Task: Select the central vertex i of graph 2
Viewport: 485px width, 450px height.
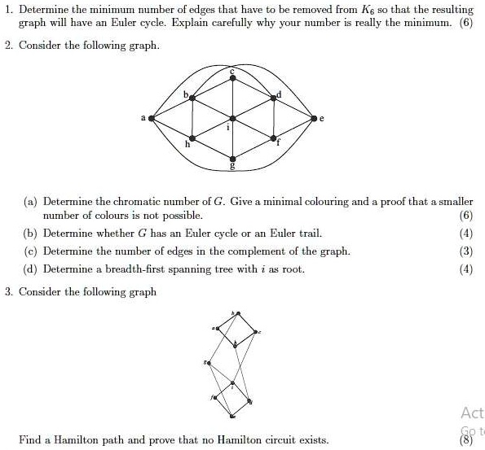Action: pyautogui.click(x=234, y=118)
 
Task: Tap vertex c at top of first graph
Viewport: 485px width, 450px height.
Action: pyautogui.click(x=234, y=78)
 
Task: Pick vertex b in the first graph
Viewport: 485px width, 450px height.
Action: pyautogui.click(x=192, y=98)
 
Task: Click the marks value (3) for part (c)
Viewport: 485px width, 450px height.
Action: pyautogui.click(x=465, y=251)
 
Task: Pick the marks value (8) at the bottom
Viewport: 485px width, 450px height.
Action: pyautogui.click(x=465, y=439)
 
